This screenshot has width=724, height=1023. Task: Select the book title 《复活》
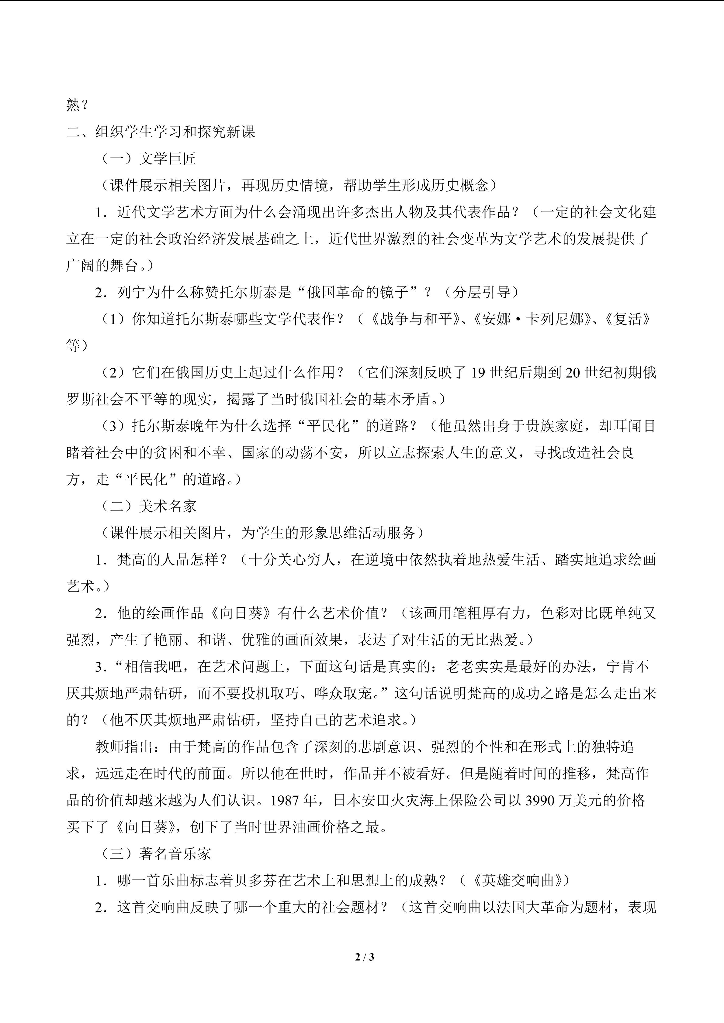coord(628,319)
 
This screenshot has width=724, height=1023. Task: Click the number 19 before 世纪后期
coord(478,372)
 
